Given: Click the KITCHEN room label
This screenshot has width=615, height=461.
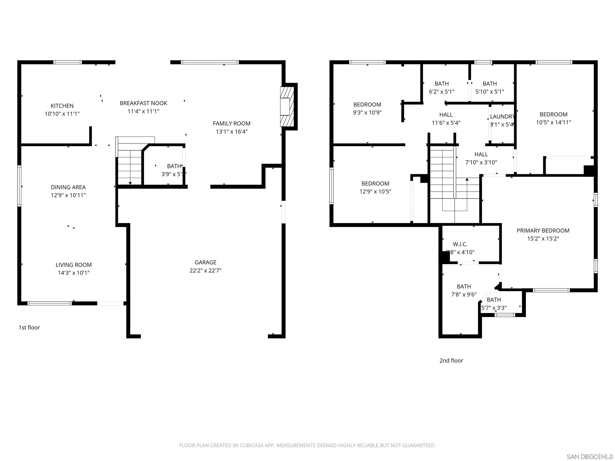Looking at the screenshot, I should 62,106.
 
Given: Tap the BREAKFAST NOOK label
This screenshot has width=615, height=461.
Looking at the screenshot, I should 144,103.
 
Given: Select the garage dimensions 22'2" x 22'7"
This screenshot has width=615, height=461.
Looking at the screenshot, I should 205,270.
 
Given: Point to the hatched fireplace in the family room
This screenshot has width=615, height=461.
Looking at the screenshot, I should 287,107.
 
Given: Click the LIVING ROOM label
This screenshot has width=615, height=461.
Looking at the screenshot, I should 74,265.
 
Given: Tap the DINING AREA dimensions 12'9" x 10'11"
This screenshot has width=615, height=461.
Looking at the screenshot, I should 68,195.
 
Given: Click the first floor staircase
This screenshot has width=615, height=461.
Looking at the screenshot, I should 130,167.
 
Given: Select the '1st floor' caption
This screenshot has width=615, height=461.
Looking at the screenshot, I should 29,327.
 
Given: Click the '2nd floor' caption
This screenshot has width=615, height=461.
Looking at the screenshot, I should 451,360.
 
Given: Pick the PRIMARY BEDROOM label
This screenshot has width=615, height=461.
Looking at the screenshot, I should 543,230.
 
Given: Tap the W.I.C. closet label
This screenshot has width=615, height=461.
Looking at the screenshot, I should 460,244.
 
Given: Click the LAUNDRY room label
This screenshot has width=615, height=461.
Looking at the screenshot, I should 502,117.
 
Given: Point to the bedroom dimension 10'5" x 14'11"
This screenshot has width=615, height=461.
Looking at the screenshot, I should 553,122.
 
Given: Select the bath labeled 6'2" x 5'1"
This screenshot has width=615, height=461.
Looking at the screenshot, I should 441,87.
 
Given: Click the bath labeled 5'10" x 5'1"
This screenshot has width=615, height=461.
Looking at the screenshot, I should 490,87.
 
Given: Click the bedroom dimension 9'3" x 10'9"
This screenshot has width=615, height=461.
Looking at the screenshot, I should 367,112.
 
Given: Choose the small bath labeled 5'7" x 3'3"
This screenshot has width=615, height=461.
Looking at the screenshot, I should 494,304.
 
